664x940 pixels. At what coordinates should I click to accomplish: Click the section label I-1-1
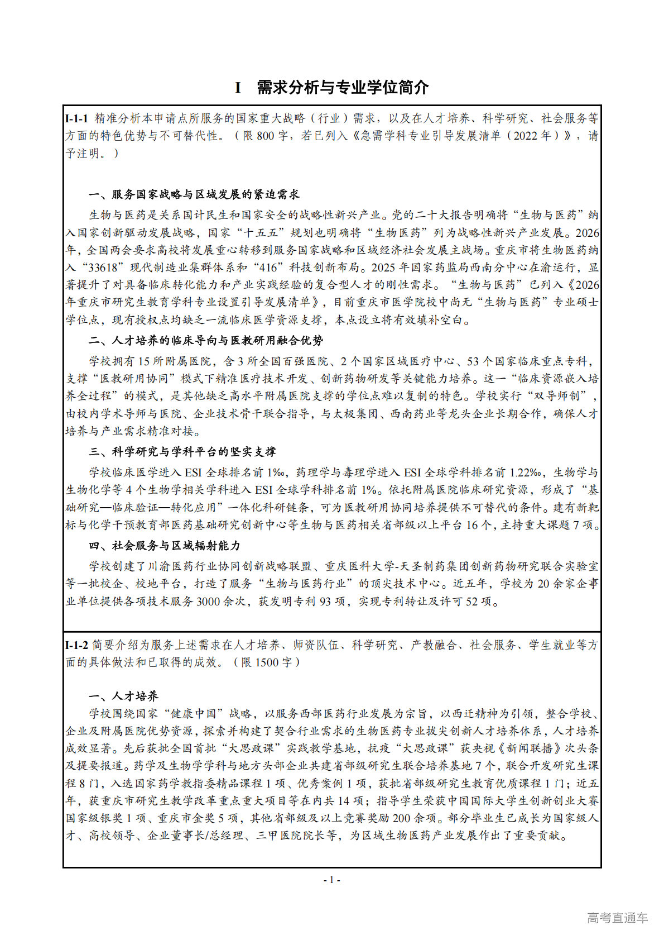point(77,118)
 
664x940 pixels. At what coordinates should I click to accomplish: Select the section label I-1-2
point(77,645)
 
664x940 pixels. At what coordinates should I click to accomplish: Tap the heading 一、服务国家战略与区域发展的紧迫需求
point(194,194)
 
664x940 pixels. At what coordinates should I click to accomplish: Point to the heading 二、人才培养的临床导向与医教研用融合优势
point(206,341)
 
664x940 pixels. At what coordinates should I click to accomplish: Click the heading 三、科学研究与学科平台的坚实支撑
point(182,452)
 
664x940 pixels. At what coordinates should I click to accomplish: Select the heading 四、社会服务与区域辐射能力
point(165,546)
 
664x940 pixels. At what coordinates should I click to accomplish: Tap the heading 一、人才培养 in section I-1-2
point(124,696)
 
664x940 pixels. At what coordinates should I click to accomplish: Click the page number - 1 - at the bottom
point(332,880)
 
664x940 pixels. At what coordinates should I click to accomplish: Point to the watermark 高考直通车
point(618,918)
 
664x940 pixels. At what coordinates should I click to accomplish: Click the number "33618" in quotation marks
point(117,268)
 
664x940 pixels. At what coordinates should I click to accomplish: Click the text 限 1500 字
point(266,662)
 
